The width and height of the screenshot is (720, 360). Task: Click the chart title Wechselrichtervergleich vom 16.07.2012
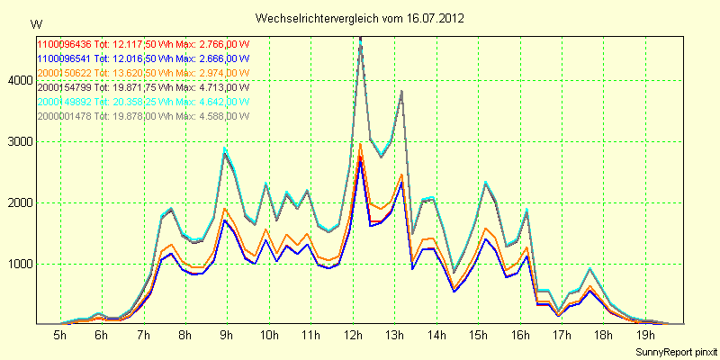(x=360, y=18)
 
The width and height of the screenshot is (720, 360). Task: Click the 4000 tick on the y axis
(x=17, y=81)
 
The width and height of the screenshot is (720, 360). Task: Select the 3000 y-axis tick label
(x=17, y=142)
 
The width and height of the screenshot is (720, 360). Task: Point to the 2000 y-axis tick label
(x=17, y=203)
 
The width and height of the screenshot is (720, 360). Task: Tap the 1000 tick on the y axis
(x=17, y=265)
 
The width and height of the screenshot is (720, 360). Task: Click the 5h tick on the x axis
(x=59, y=336)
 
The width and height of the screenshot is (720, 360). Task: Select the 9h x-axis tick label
(x=226, y=336)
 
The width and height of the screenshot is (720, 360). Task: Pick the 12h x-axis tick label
(x=352, y=336)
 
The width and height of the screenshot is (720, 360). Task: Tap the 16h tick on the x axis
(x=519, y=336)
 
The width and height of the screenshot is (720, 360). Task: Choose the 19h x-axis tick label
(x=645, y=336)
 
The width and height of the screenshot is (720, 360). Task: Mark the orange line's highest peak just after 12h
(x=360, y=143)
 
